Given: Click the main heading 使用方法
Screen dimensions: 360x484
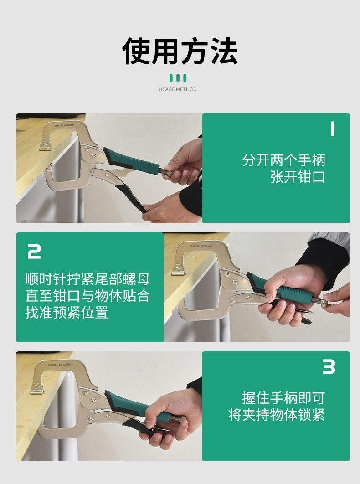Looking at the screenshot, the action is [180, 51].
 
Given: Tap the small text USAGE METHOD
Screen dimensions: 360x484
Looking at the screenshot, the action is [178, 89].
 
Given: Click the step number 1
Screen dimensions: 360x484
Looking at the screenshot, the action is [332, 129].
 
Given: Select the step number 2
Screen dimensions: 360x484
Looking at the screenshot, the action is [34, 251].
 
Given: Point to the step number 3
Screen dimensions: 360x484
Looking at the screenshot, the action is [329, 367].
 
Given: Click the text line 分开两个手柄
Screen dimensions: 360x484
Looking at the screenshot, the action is [284, 160].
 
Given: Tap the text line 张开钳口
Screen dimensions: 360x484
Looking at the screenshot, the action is [298, 177].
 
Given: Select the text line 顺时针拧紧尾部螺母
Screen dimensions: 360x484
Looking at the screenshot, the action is [87, 279].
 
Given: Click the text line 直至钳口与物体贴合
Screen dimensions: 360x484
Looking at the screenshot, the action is [87, 296].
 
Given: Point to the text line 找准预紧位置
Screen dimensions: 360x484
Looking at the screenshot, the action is [67, 312].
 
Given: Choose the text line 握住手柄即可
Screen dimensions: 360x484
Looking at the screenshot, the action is [284, 398].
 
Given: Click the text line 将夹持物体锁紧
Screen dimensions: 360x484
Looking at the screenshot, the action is [277, 415].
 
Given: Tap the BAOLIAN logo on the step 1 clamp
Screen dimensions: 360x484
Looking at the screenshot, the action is [64, 125].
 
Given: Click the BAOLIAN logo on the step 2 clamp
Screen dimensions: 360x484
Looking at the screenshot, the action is [201, 246].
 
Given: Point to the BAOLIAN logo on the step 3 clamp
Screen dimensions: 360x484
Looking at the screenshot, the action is [59, 365].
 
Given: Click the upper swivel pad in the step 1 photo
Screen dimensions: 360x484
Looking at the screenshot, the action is [46, 146].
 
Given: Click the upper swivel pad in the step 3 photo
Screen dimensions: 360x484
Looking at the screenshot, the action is [37, 389].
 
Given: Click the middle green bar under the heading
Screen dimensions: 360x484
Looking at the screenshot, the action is [178, 78].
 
